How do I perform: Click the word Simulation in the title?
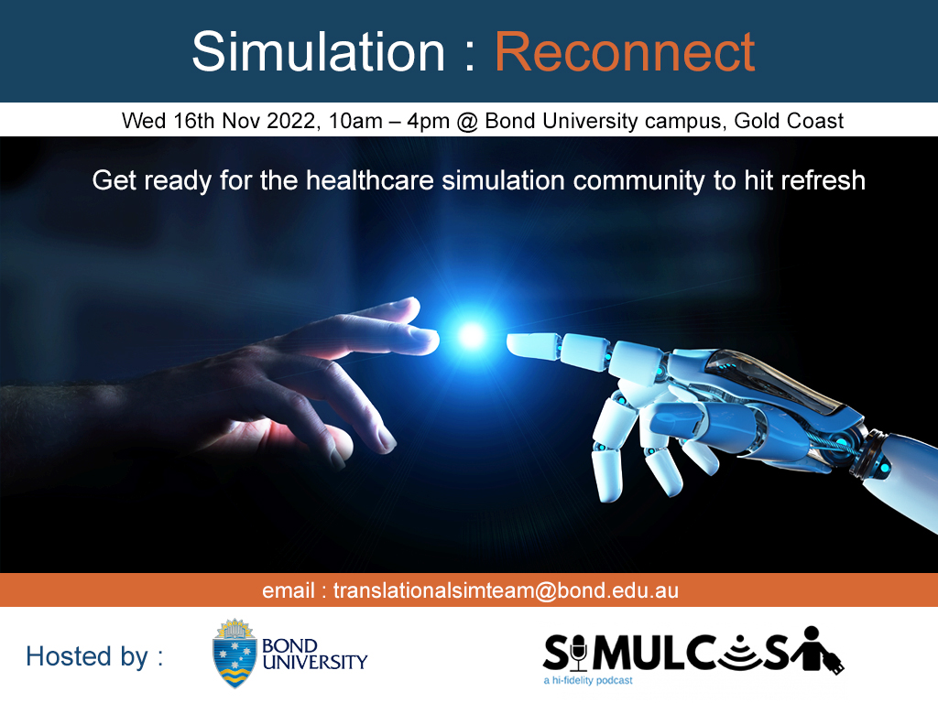[317, 51]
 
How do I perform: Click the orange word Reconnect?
[626, 51]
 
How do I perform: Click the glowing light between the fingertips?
[472, 336]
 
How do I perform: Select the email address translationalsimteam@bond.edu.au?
[506, 590]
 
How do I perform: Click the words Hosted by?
[94, 656]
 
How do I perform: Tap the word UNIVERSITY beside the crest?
[314, 662]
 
